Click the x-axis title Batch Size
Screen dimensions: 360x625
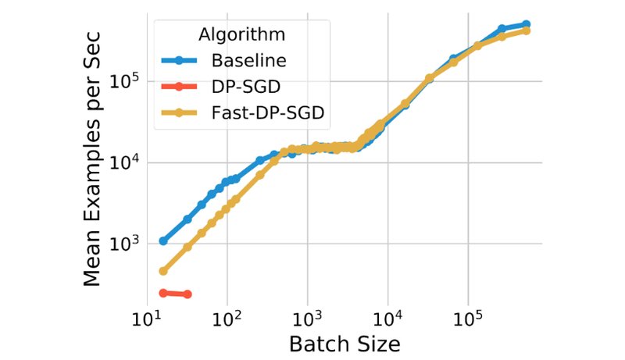345,344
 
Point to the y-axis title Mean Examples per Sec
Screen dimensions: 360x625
93,165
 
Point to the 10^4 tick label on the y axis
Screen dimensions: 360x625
123,162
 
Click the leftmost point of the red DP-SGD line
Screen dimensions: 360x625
163,293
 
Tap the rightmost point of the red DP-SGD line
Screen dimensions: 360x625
187,294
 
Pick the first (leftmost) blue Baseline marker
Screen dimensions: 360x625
163,241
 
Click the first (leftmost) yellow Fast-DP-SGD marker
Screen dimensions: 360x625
163,271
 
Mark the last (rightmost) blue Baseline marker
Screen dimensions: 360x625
527,24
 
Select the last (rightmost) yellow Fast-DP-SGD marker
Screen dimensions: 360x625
527,30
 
